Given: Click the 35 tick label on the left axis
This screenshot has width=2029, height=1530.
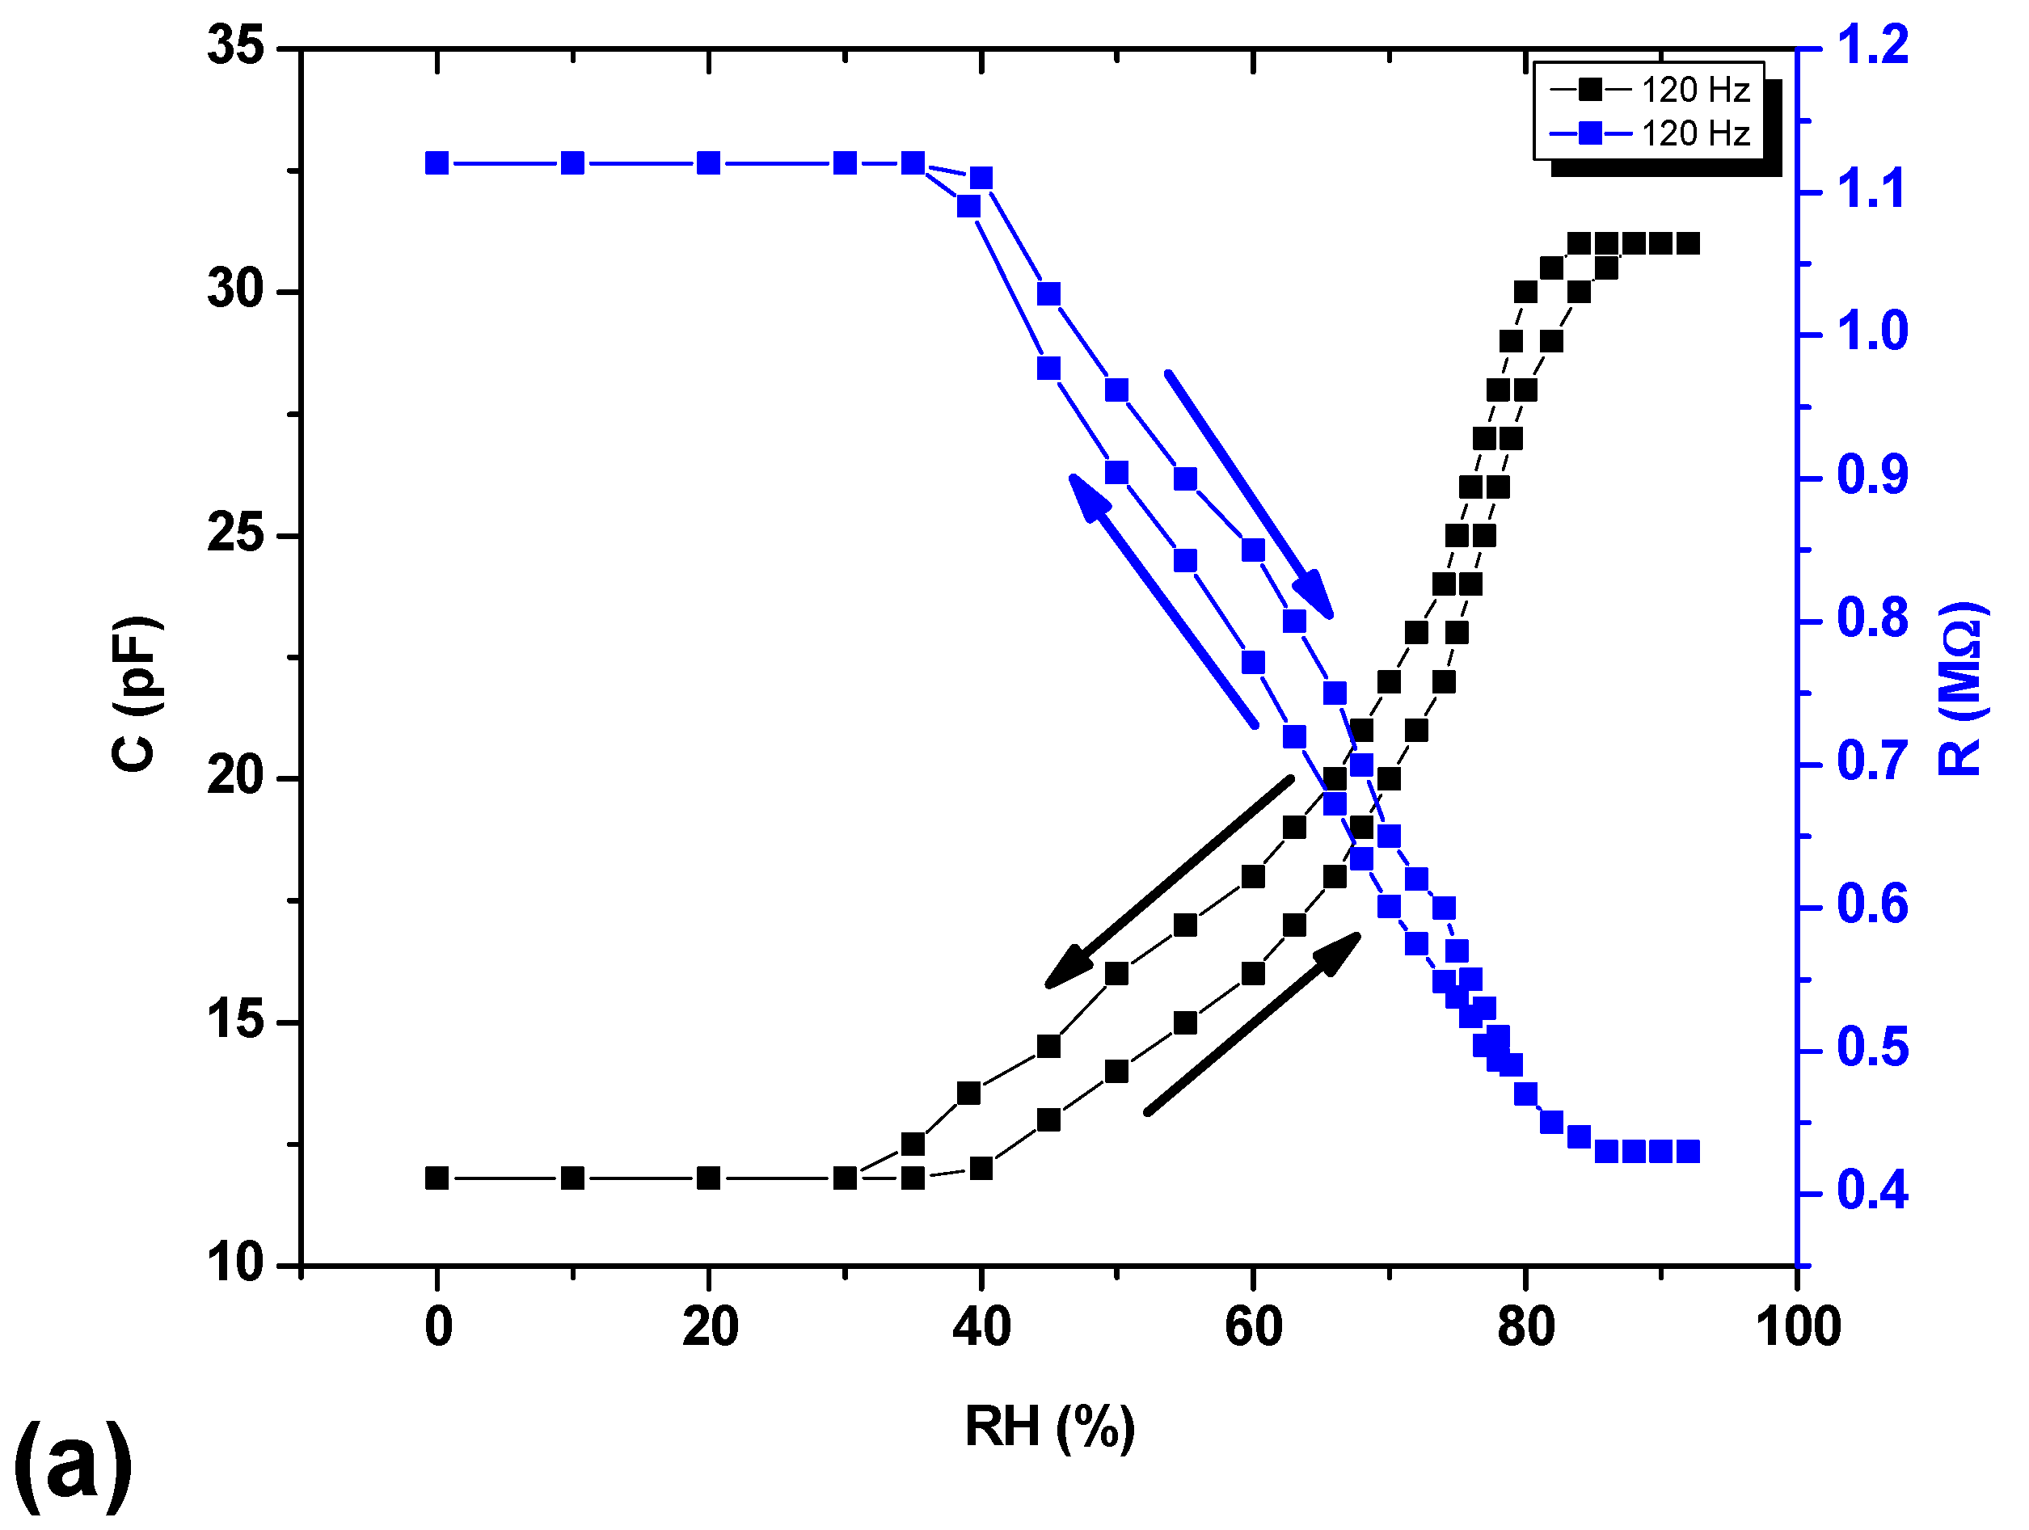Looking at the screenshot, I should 236,46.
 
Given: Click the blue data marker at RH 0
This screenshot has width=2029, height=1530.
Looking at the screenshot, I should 437,163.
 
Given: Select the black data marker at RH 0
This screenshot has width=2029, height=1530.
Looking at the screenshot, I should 437,1178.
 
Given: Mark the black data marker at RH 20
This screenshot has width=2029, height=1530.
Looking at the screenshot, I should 708,1178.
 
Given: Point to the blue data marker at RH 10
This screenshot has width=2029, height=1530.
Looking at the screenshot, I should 572,163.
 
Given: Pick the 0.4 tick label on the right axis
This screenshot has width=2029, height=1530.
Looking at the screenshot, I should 1871,1191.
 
